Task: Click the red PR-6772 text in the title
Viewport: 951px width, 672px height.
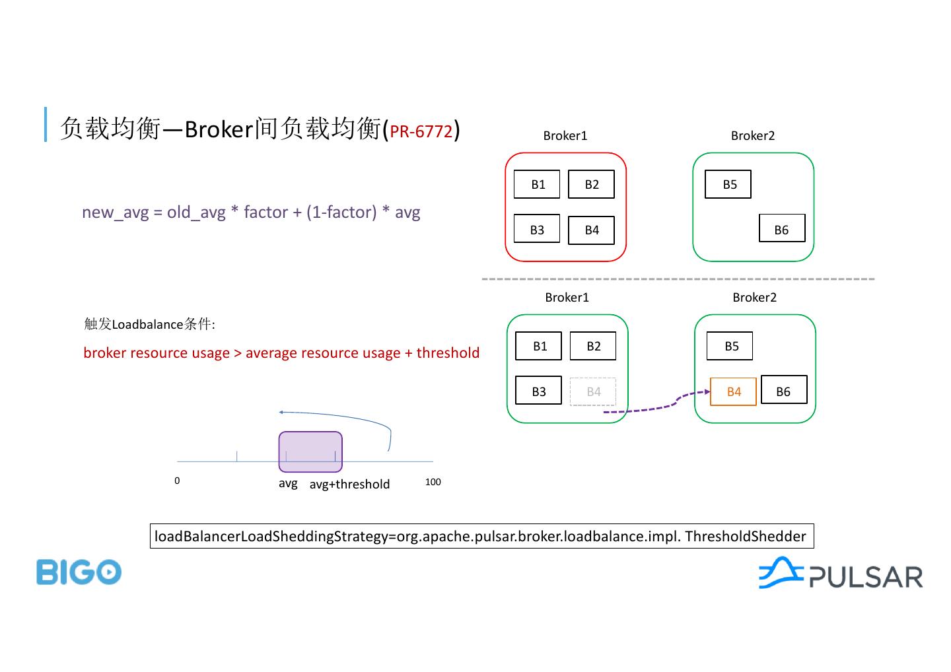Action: [421, 131]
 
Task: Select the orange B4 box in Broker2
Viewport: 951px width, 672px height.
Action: [733, 391]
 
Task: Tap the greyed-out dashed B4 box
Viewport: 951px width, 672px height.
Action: [593, 391]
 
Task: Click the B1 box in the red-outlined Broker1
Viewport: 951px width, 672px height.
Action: [537, 184]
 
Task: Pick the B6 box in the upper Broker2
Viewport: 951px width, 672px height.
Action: [782, 228]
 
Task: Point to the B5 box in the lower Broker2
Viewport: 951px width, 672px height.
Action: [730, 346]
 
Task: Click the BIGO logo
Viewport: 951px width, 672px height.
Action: [79, 572]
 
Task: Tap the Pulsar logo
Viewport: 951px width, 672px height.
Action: [840, 574]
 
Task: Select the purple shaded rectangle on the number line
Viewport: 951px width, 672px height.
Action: [310, 452]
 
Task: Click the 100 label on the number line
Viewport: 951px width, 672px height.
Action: [433, 482]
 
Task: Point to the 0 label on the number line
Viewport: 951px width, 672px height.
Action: [177, 481]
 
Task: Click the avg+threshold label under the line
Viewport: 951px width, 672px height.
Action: [349, 485]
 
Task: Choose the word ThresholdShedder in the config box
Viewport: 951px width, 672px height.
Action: [745, 536]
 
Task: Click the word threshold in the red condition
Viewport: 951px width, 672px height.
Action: [448, 353]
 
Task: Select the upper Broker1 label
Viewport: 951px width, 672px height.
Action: [565, 135]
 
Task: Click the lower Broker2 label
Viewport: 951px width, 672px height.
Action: [754, 297]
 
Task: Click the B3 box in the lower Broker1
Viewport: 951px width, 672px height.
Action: [538, 391]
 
